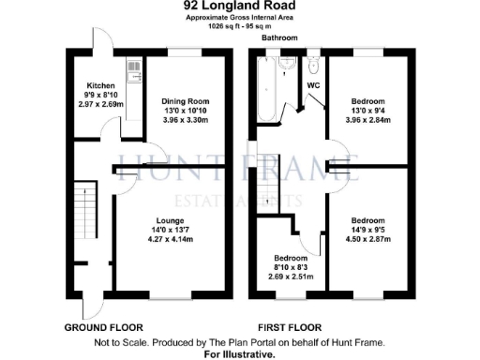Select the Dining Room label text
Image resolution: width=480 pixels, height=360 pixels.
(x=185, y=101)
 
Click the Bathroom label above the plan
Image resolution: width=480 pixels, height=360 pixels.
(x=278, y=38)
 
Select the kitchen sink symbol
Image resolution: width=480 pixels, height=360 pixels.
(x=132, y=67)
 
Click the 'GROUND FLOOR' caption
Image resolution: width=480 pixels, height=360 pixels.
(x=103, y=328)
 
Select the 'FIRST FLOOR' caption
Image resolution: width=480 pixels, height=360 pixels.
(x=279, y=328)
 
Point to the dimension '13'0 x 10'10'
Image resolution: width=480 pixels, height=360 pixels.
(x=185, y=111)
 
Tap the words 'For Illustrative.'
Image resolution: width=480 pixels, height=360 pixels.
(x=239, y=354)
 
